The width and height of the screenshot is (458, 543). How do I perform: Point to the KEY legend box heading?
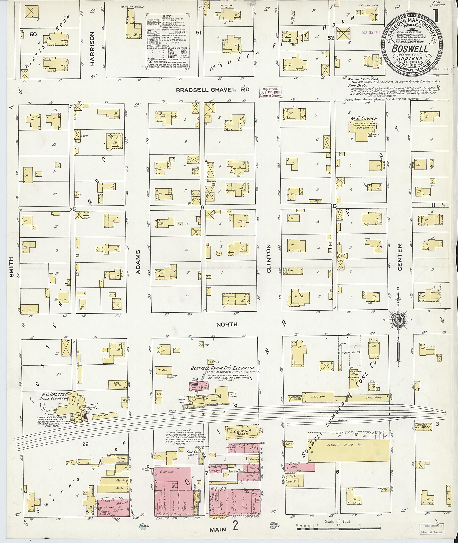tap(168, 16)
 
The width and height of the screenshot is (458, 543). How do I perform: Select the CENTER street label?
tap(400, 257)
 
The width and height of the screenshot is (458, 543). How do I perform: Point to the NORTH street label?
tap(227, 324)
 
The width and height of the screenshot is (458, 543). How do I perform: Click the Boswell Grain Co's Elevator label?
tap(223, 368)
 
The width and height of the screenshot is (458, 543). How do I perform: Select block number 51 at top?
tap(199, 33)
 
